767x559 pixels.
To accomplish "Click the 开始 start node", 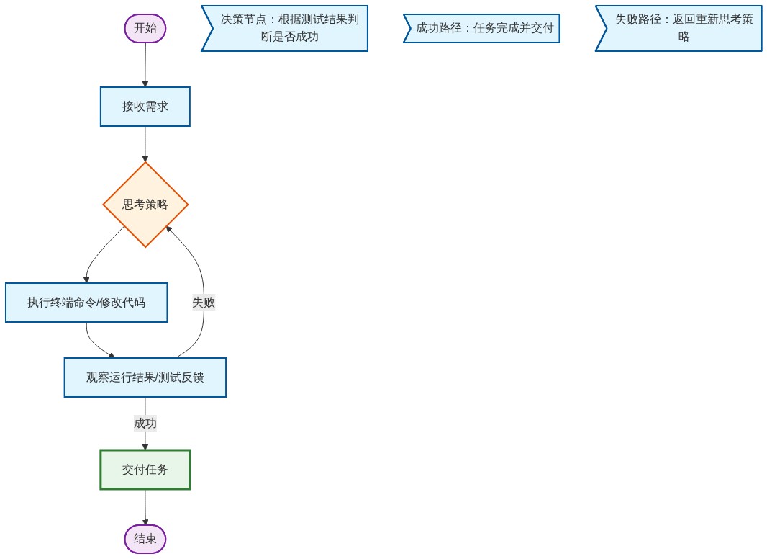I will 145,28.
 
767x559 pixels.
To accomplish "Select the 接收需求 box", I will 145,107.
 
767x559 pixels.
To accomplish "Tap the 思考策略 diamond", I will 145,205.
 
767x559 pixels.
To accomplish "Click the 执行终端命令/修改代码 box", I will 86,303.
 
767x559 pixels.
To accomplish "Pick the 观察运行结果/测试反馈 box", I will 145,377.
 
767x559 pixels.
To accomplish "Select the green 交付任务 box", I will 145,470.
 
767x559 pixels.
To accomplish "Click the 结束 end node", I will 145,539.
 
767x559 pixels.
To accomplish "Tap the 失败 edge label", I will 204,303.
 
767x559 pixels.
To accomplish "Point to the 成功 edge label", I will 145,424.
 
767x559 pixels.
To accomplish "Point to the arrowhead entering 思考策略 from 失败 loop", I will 169,229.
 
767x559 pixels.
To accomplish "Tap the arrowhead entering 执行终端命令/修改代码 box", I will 86,279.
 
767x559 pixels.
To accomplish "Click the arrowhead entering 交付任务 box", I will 145,447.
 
